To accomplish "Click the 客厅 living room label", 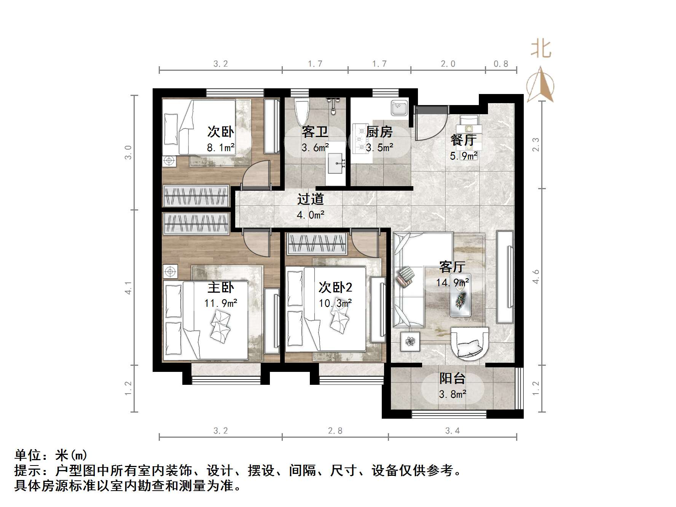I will click(x=452, y=266).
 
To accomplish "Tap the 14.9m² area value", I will click(x=452, y=283).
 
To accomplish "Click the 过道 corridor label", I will click(x=310, y=199).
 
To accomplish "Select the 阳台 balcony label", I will click(x=452, y=378).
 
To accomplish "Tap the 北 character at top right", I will click(x=541, y=49).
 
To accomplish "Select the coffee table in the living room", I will click(x=461, y=295).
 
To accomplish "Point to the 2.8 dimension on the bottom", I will click(x=335, y=430).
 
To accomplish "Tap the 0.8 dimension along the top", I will click(x=501, y=64).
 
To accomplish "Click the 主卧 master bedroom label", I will click(x=220, y=287).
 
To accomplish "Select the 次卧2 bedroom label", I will click(x=335, y=287).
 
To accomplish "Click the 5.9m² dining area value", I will click(x=463, y=156).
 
